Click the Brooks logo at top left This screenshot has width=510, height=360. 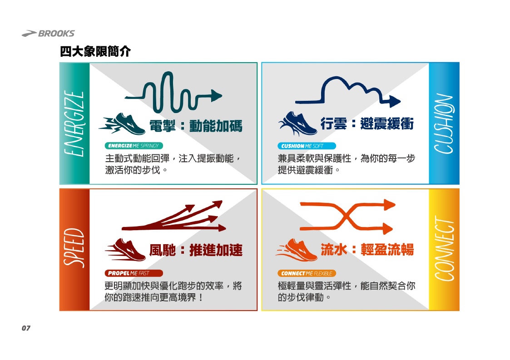point(48,33)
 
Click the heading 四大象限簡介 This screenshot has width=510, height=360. point(95,51)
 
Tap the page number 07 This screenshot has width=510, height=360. point(26,328)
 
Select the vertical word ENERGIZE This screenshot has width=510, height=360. point(74,123)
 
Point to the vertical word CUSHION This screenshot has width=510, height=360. point(444,123)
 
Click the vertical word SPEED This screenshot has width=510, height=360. point(74,248)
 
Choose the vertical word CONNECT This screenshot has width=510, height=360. point(444,249)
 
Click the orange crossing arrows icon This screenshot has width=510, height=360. point(347,216)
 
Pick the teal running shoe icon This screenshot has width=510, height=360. point(122,124)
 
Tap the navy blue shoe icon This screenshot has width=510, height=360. point(298,123)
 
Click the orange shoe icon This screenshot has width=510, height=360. point(297,250)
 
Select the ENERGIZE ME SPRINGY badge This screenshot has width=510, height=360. point(134,146)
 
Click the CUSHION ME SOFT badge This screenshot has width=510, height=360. point(307,146)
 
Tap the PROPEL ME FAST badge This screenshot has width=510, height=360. point(134,273)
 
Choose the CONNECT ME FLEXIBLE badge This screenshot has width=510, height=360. point(307,273)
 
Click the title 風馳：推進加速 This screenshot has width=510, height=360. point(196,250)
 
